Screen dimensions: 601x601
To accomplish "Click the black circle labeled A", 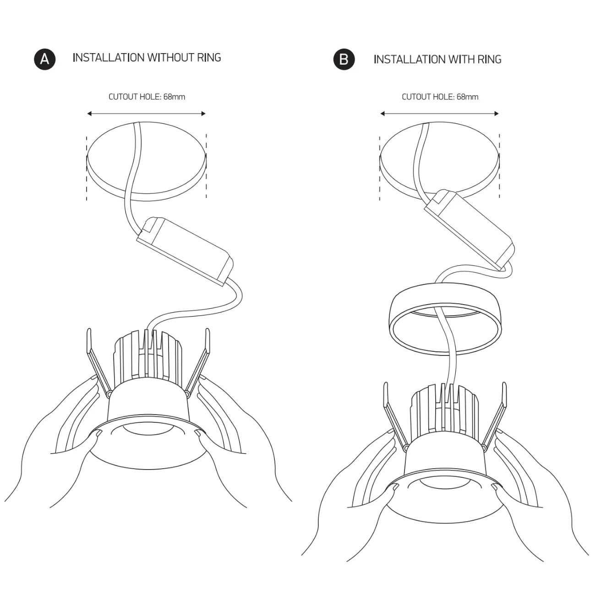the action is (44, 59).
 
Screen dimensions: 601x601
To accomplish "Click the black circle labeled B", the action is (344, 59).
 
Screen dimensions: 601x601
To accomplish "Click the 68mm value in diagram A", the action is (174, 97).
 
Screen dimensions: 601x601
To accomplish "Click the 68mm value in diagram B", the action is (468, 97).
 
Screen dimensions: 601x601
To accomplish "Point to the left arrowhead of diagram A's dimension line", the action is (89, 114).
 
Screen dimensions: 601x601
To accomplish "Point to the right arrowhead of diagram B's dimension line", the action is (497, 114).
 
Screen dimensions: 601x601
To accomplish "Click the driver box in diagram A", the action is (185, 251).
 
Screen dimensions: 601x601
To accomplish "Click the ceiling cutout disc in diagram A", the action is (146, 161).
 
